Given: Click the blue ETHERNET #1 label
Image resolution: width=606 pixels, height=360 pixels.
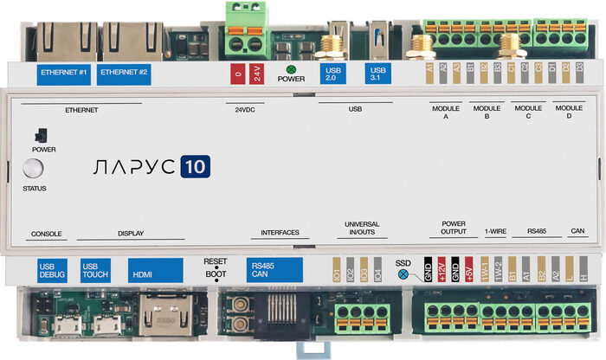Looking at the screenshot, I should click(64, 72).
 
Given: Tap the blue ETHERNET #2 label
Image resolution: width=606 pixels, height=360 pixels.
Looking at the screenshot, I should click(124, 72).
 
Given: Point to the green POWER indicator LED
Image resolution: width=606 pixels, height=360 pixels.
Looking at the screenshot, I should click(291, 67).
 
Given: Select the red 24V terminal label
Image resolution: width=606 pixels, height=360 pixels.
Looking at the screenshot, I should click(257, 73).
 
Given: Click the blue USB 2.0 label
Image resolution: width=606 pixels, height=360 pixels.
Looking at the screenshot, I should click(332, 73).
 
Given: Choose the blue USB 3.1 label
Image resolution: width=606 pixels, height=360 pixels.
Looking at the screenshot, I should click(377, 73).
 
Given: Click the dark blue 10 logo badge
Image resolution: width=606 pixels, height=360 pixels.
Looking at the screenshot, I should click(196, 167).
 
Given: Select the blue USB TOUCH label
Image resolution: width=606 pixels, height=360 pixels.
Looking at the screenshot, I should click(95, 270).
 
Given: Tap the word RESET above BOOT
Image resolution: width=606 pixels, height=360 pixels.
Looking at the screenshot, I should click(215, 260).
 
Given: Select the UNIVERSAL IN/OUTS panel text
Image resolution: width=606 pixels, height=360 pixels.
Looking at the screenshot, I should click(362, 228).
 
